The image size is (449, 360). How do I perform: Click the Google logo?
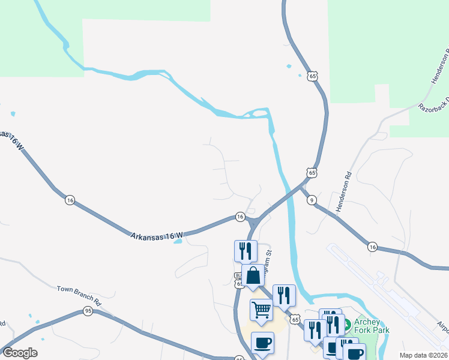click(20, 353)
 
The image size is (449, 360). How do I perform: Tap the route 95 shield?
click(88, 311)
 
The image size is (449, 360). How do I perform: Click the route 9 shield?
click(312, 200)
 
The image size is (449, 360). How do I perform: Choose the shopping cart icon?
click(262, 310)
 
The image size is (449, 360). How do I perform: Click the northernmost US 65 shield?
click(310, 76)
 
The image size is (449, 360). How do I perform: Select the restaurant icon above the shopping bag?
click(246, 250)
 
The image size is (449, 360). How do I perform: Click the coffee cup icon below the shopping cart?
click(262, 343)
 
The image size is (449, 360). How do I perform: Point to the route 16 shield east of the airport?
click(372, 247)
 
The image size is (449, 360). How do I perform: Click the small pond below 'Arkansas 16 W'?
click(177, 242)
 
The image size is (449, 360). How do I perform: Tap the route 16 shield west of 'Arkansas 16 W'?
click(70, 200)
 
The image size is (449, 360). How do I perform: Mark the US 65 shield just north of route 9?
click(310, 173)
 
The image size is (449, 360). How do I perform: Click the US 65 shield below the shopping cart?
click(295, 320)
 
